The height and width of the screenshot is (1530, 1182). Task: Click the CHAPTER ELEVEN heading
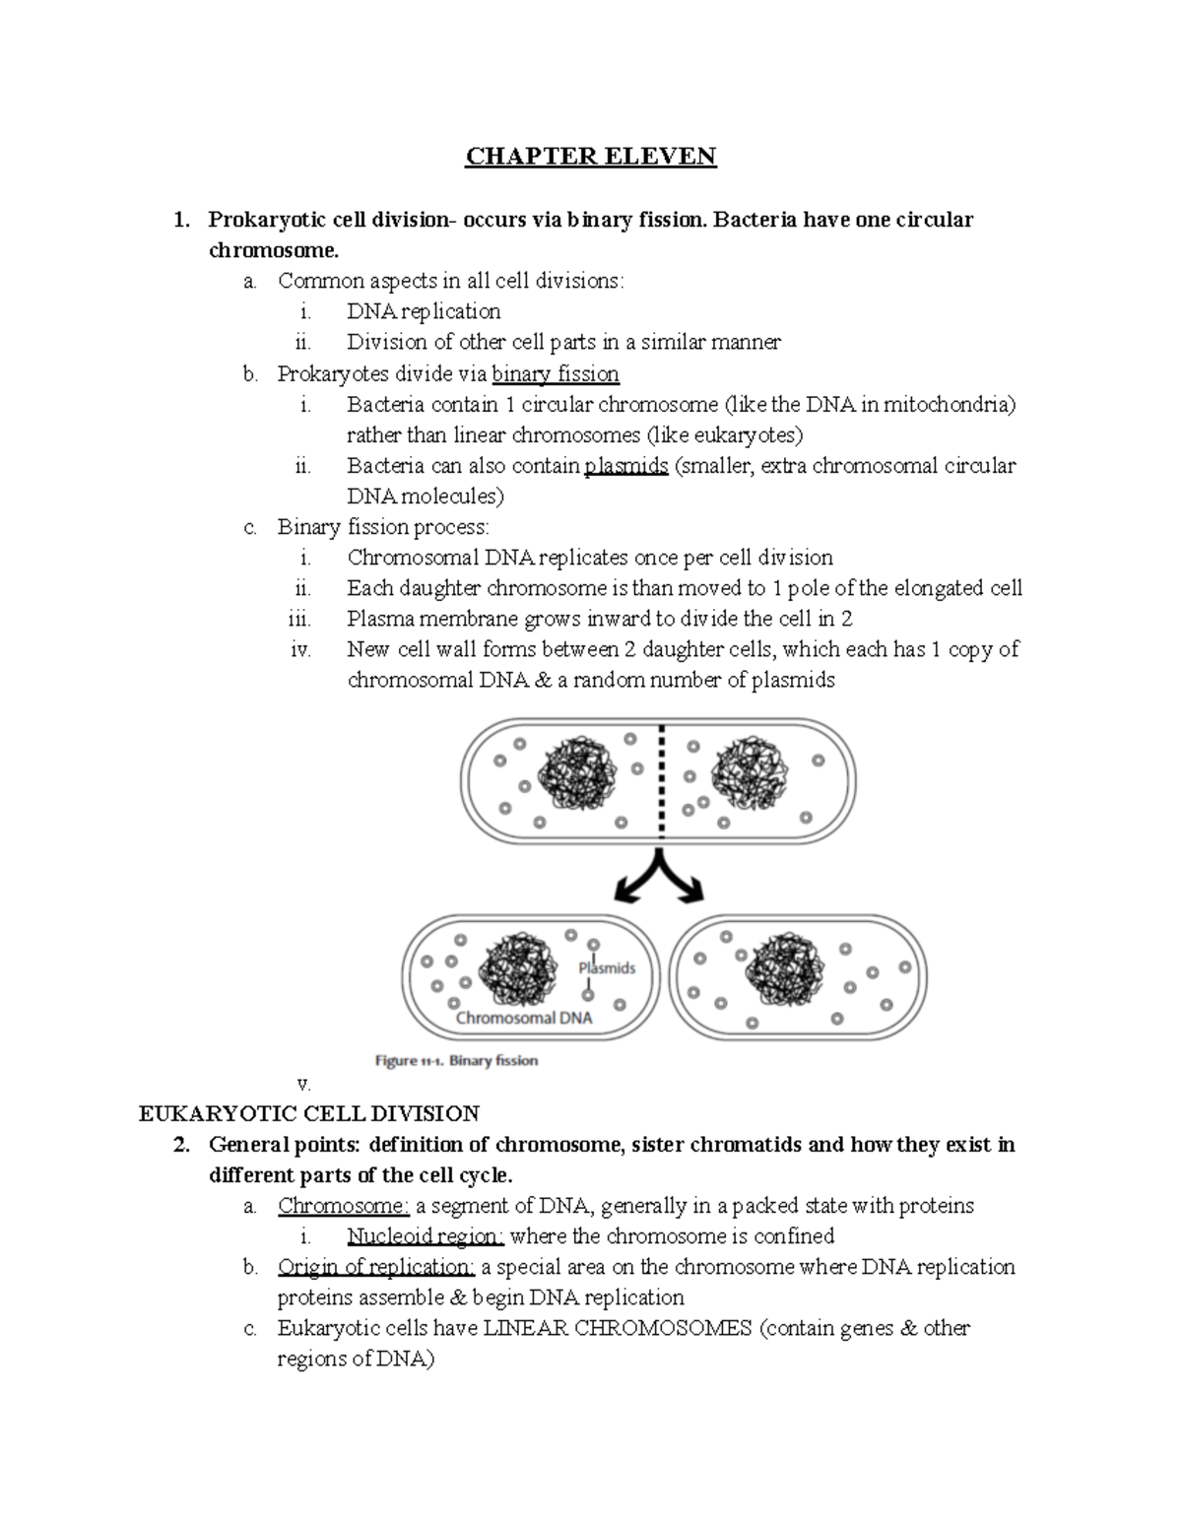point(591,157)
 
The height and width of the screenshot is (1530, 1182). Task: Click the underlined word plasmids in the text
point(625,466)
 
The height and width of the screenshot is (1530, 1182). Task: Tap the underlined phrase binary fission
point(556,374)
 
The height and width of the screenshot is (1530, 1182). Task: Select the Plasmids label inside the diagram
point(607,968)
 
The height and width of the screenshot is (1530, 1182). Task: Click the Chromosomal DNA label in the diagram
point(524,1019)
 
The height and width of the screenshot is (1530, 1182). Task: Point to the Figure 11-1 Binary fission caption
point(456,1061)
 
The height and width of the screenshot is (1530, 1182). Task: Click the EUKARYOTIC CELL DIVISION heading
point(309,1114)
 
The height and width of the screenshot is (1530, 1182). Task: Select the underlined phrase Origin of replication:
point(376,1267)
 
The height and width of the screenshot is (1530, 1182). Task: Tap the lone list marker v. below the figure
point(303,1084)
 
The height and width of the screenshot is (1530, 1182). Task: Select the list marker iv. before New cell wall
point(301,650)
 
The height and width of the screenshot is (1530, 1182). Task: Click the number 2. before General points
point(179,1145)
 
